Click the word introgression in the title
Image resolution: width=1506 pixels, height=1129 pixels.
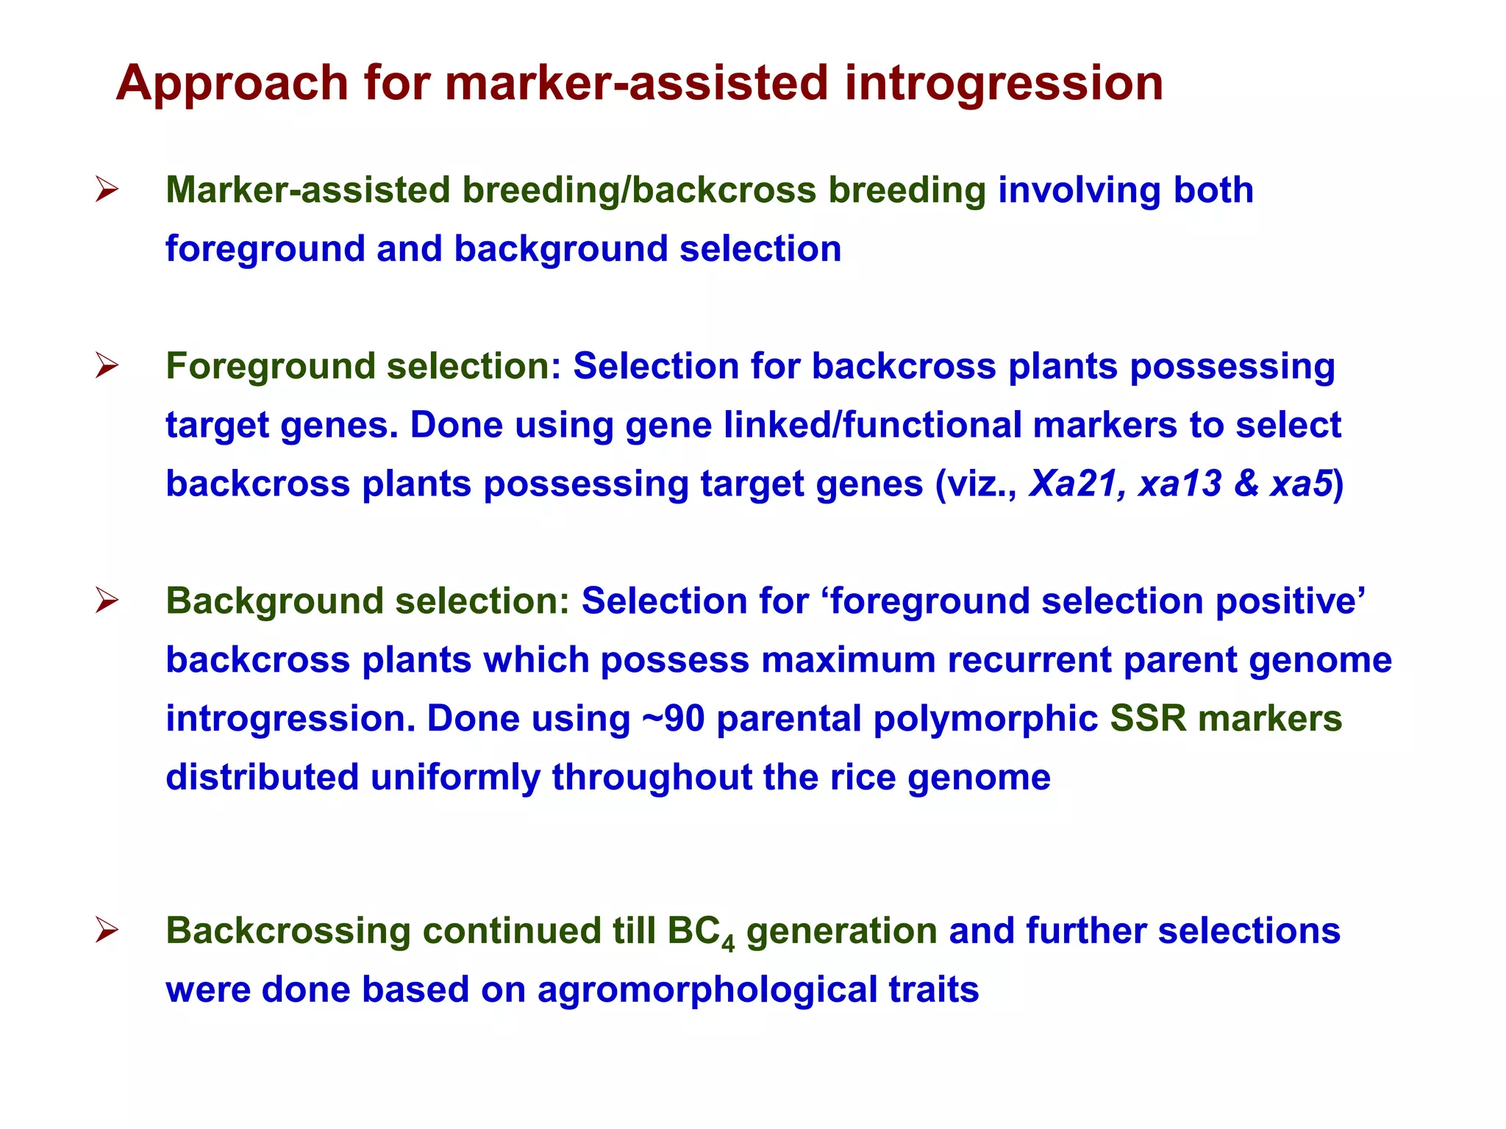coord(1004,83)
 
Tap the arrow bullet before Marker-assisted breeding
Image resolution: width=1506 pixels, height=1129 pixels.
coord(107,190)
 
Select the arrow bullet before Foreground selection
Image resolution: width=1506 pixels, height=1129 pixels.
coord(107,366)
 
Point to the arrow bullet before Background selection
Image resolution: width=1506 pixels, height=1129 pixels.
coord(107,601)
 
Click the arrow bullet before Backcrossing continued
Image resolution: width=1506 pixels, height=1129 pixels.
coord(107,931)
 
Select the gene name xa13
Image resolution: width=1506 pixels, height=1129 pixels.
coord(1180,484)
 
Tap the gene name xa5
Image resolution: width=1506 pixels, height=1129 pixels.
coord(1301,484)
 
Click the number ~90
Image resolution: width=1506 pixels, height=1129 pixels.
coord(674,719)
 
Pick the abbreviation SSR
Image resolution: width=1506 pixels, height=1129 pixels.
coord(1148,719)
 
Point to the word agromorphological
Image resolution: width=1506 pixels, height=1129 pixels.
coord(707,990)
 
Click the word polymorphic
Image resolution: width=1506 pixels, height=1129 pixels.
coord(985,719)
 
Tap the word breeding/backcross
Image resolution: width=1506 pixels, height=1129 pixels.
coord(639,190)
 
